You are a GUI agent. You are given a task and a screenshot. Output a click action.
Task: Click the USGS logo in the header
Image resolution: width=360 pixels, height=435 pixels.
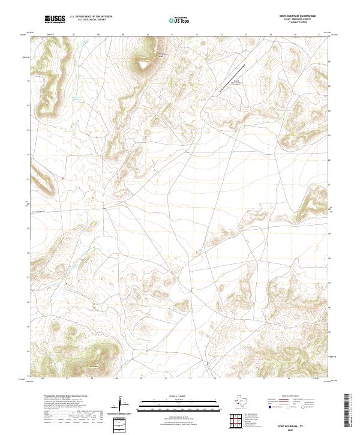[55, 19]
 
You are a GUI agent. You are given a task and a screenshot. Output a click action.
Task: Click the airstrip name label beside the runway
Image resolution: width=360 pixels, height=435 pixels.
[236, 82]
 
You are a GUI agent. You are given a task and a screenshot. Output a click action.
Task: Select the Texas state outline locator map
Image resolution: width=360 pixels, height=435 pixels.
[246, 401]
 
